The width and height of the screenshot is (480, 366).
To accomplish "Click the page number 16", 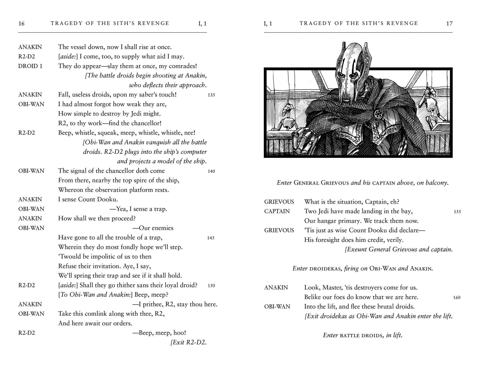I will click(21, 24).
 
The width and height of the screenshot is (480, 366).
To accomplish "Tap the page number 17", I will click(449, 24).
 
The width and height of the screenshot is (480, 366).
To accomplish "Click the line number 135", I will click(211, 95).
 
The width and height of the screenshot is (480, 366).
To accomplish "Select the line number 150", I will click(211, 286).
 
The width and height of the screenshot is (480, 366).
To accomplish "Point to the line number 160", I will click(456, 298).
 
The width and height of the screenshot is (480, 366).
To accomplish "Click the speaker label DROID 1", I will click(30, 66).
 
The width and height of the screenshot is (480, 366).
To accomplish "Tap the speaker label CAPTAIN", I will click(277, 211).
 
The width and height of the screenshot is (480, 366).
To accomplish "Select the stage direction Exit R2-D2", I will click(188, 342).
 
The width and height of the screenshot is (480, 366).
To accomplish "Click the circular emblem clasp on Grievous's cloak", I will click(378, 114).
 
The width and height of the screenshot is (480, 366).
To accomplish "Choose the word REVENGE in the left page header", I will click(153, 24).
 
